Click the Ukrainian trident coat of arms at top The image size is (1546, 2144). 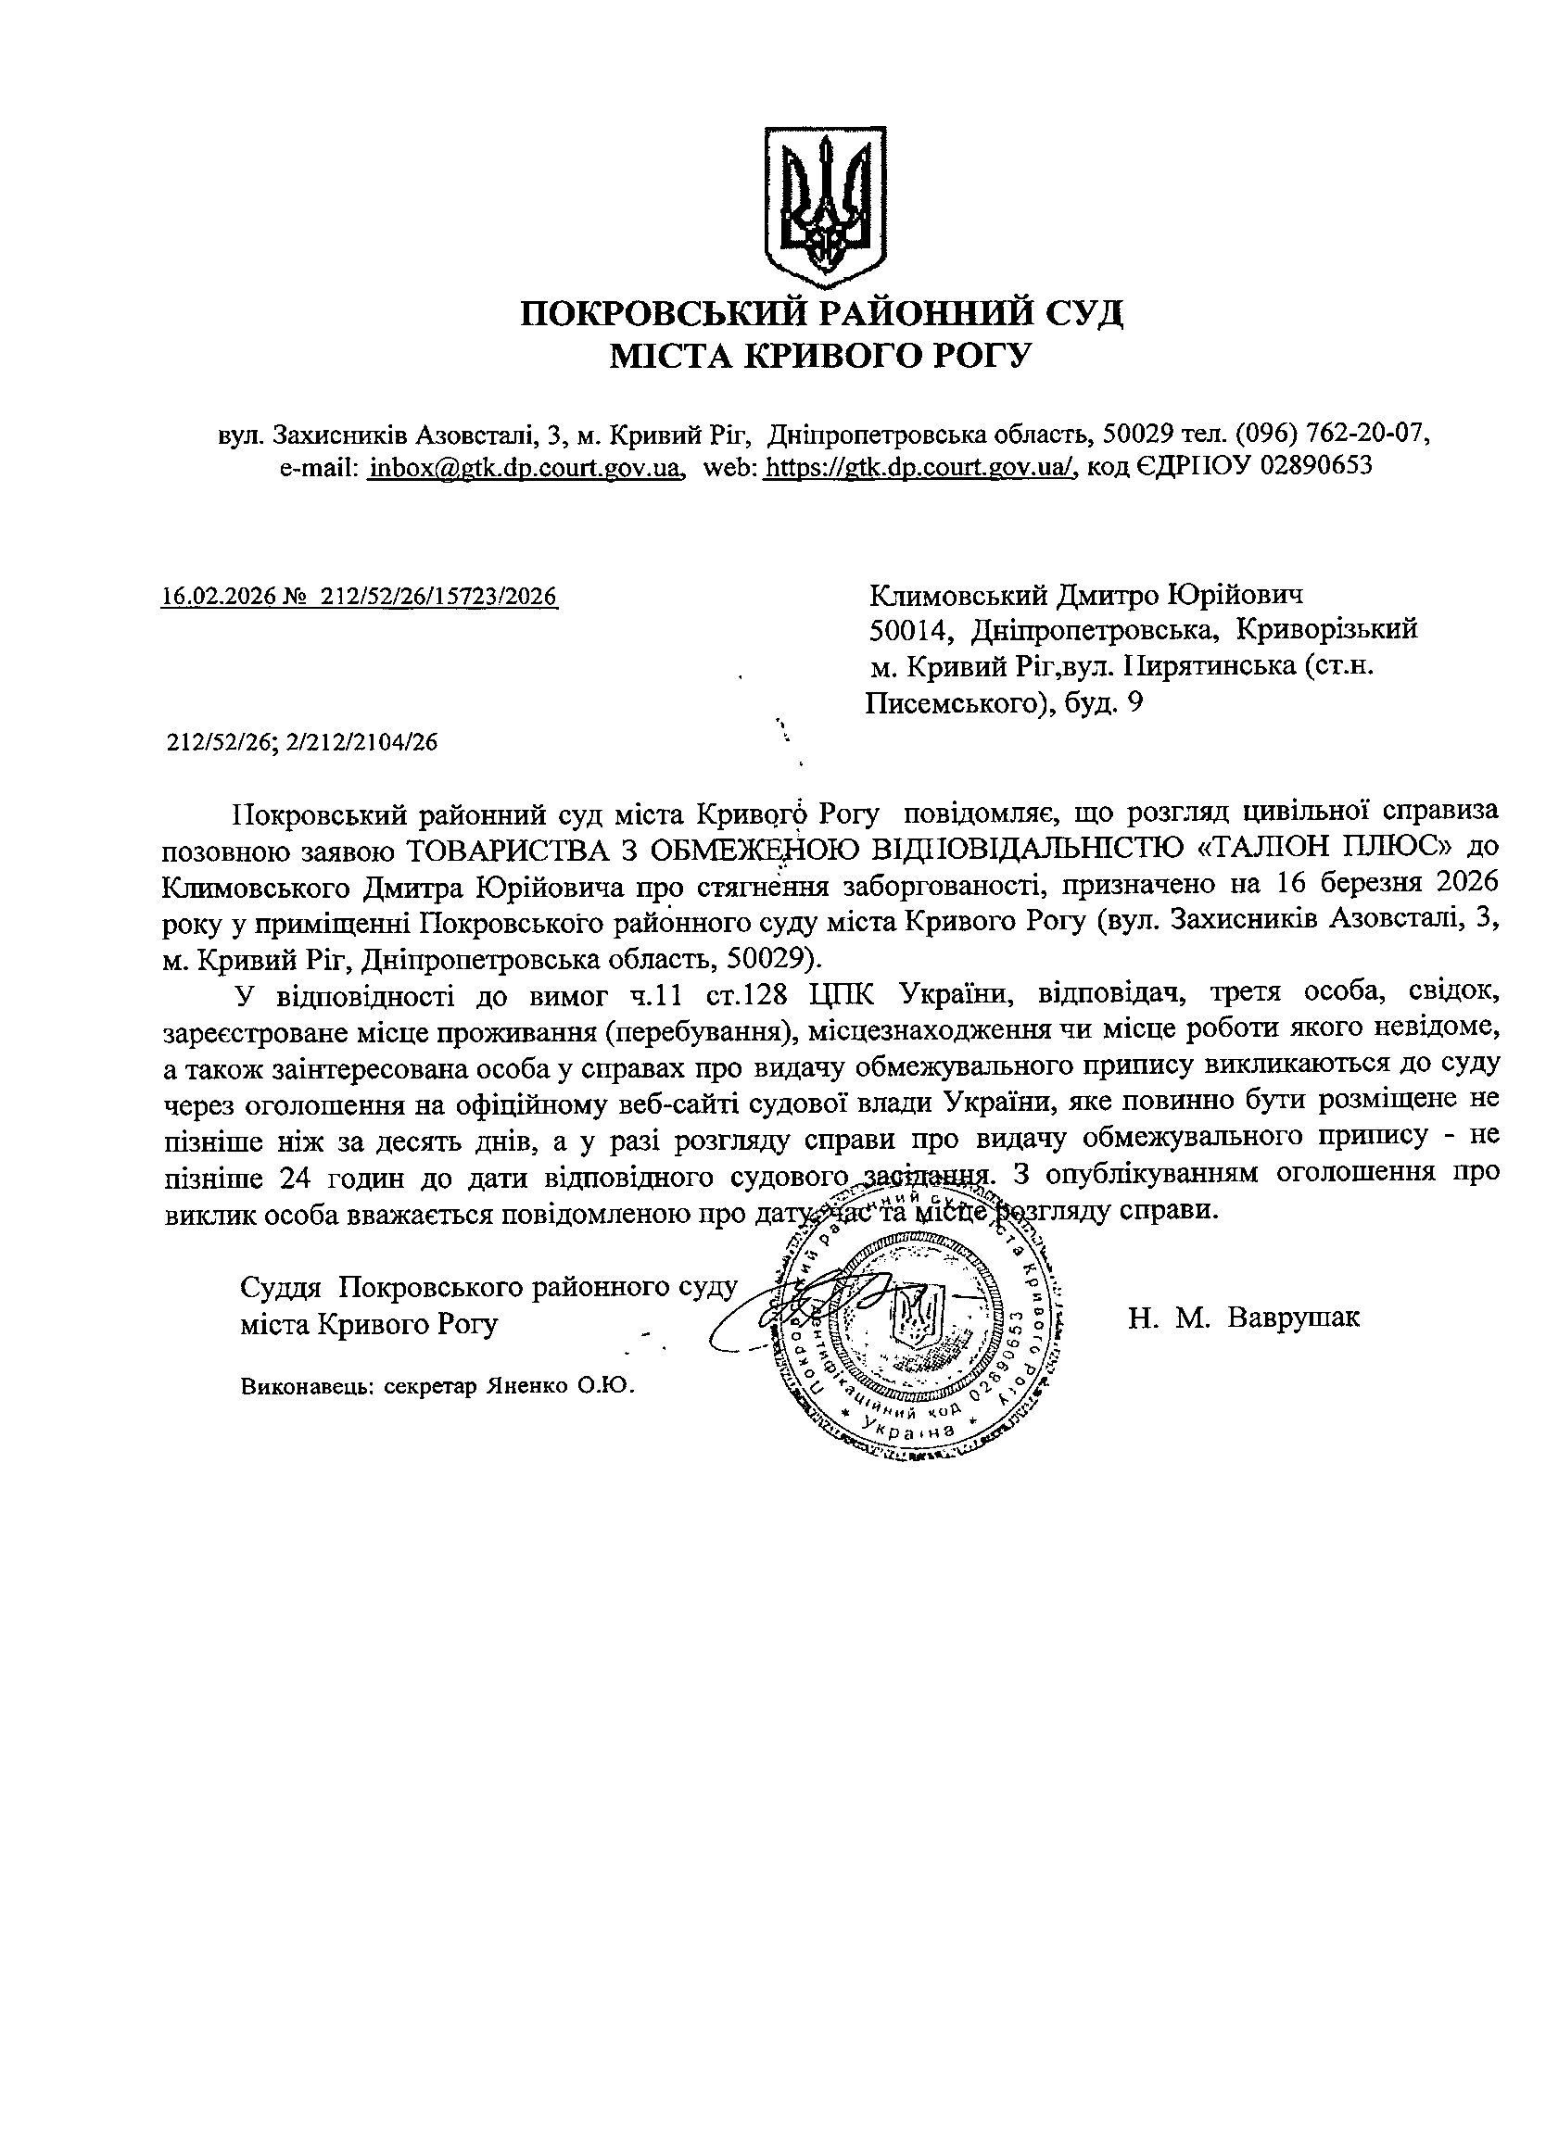[x=825, y=206]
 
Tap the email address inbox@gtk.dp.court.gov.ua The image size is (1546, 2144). [x=526, y=467]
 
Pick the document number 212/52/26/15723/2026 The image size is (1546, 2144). [x=438, y=597]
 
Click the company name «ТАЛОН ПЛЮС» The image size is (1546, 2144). [x=1329, y=847]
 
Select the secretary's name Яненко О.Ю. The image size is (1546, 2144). [x=560, y=1387]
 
